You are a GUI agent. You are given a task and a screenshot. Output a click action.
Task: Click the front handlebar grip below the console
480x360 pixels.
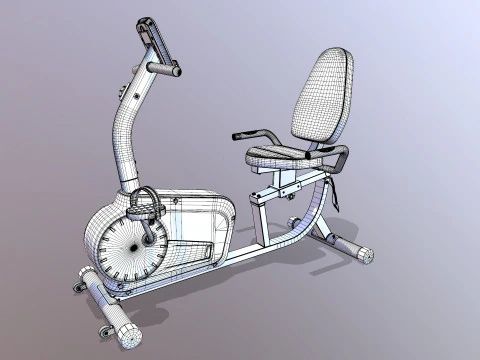pos(165,69)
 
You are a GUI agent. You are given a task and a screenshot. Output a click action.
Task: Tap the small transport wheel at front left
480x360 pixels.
pos(80,288)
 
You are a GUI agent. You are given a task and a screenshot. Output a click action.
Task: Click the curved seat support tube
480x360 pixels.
pos(315,210)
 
